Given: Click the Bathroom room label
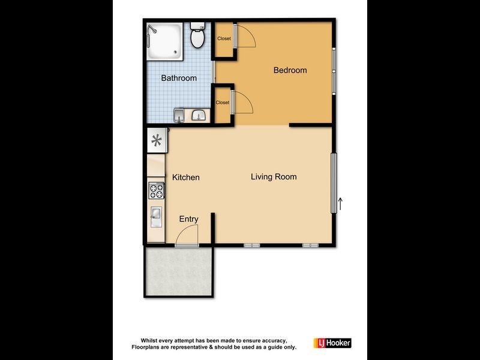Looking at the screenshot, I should (x=179, y=78).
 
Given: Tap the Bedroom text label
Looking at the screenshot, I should (x=290, y=70).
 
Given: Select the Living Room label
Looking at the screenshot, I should (x=274, y=176).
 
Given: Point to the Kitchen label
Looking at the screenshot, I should (x=186, y=178).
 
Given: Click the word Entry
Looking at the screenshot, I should (x=188, y=219).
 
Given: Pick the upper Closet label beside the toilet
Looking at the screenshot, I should (x=224, y=39).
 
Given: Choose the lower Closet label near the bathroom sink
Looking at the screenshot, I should (x=223, y=103).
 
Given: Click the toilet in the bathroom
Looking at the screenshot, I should (x=197, y=37).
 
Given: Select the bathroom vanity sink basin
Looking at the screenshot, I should (x=199, y=114).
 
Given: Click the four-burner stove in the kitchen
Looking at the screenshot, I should (x=156, y=191).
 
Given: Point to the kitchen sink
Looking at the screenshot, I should (x=156, y=215).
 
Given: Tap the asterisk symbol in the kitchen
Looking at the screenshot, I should (x=157, y=141).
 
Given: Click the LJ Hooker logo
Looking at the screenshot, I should (x=332, y=343).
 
